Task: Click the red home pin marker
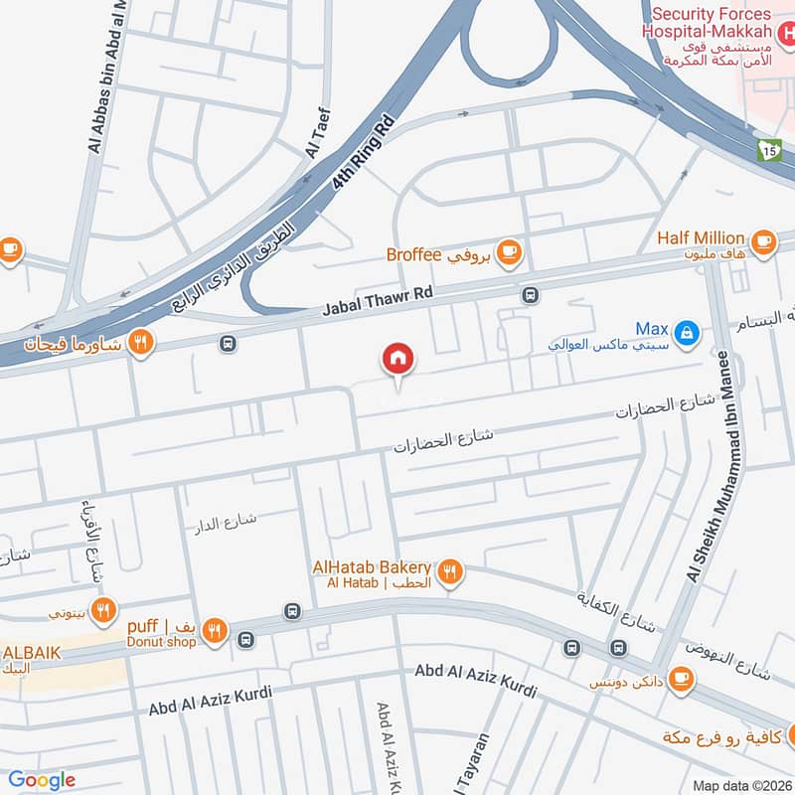[398, 359]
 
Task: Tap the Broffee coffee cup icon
[510, 252]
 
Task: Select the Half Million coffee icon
[763, 239]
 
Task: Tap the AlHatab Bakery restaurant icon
[450, 571]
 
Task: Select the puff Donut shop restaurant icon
[215, 629]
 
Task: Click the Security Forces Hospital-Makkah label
[712, 22]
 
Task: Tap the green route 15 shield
[767, 149]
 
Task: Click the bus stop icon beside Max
[531, 295]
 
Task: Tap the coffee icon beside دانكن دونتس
[681, 677]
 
